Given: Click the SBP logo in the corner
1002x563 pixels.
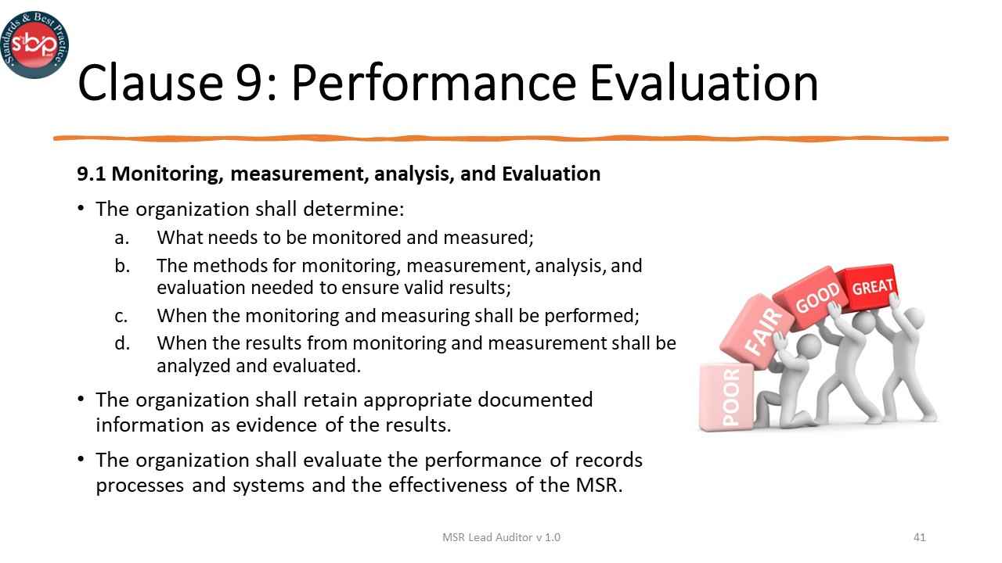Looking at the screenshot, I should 34,44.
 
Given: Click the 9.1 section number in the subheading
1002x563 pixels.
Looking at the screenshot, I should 91,174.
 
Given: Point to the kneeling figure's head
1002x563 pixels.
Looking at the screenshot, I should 807,345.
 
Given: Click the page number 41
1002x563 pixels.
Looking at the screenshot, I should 920,537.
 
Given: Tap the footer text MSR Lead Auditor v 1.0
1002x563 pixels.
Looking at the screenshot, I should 501,537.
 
